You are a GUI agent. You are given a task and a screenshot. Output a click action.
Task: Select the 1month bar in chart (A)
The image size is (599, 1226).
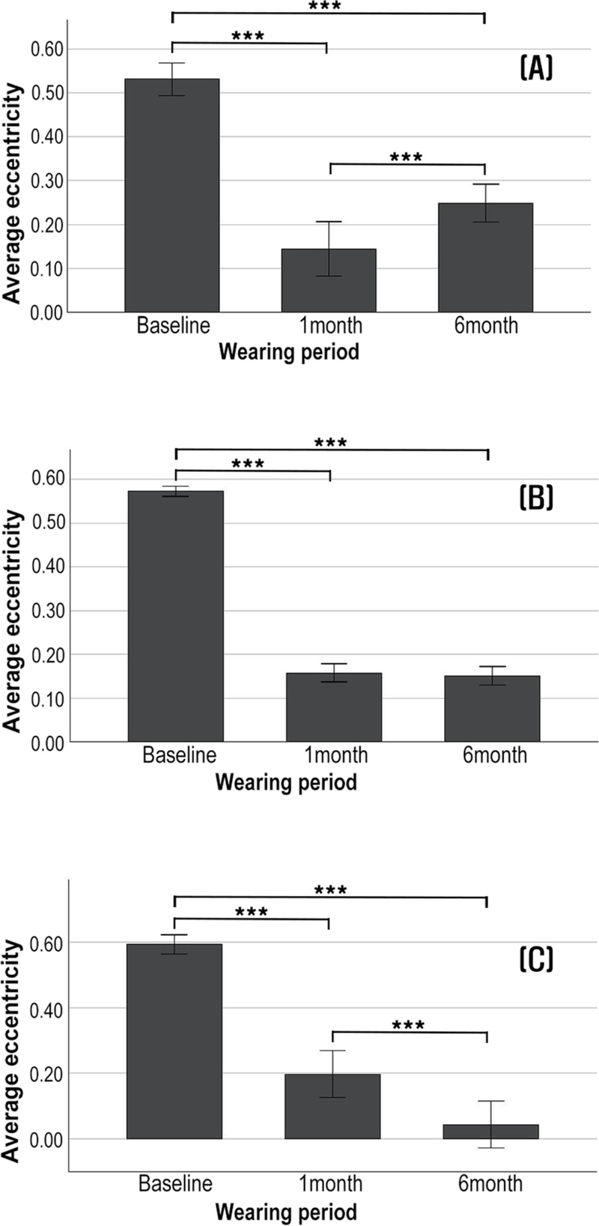329,281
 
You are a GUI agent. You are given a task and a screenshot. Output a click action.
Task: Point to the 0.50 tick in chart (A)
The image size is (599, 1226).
46,93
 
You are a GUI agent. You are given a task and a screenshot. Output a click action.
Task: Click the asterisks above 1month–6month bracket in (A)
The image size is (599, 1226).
407,158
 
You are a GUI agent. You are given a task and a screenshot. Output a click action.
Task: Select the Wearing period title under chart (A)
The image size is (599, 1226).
289,351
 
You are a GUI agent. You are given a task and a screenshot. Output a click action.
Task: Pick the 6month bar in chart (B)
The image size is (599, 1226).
492,709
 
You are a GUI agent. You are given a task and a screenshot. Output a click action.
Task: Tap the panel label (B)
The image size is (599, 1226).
536,498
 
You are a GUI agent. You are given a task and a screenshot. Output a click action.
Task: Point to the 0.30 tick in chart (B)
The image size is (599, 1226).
46,611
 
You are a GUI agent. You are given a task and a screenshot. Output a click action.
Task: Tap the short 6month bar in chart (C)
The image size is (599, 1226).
490,1132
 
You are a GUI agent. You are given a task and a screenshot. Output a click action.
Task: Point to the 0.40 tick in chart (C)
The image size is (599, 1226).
46,1008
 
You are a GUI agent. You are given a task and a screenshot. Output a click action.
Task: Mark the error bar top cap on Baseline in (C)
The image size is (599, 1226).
174,934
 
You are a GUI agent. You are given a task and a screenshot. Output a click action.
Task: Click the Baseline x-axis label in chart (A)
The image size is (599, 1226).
172,326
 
